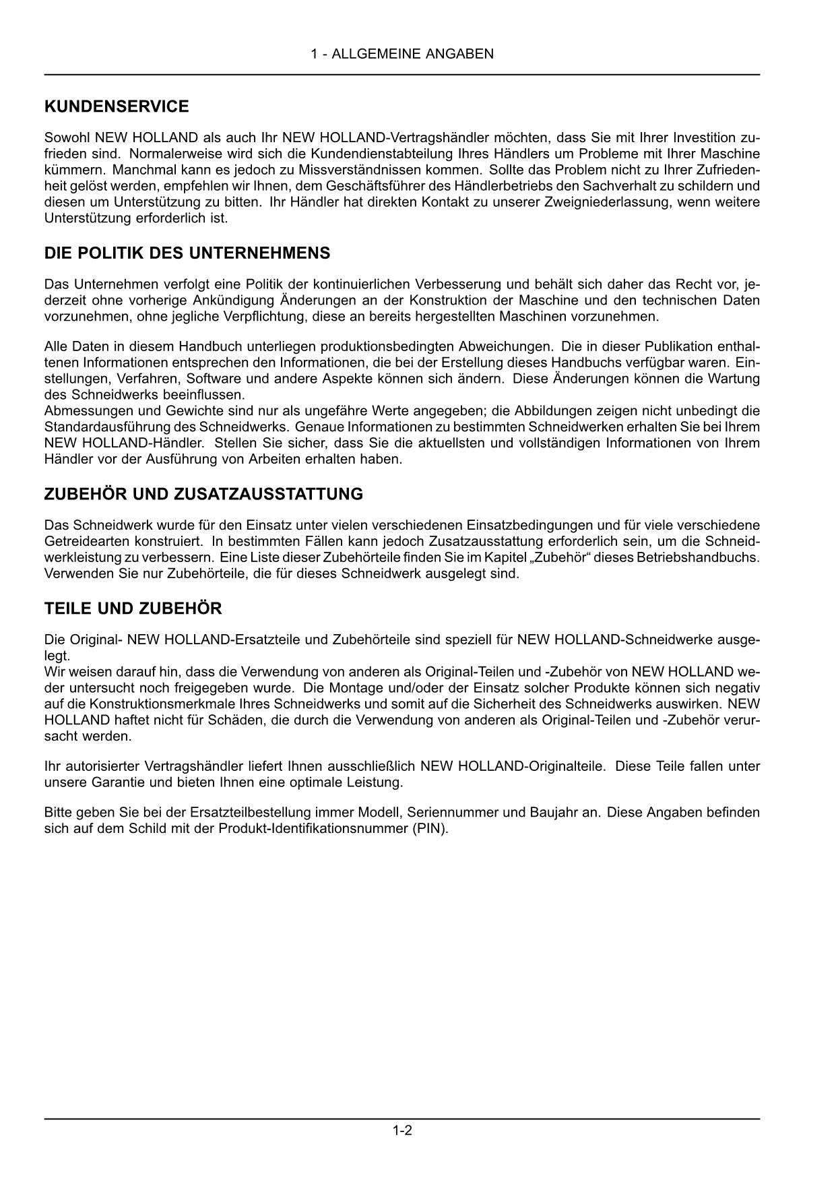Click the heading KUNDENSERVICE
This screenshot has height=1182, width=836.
click(117, 106)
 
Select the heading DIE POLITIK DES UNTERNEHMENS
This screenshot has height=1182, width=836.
click(187, 253)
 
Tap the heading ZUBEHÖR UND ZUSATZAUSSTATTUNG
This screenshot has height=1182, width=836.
click(203, 494)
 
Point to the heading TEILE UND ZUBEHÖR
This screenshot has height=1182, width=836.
click(133, 609)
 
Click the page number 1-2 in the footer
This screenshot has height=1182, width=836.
click(402, 1131)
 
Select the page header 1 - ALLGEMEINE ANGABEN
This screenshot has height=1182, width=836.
click(402, 54)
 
